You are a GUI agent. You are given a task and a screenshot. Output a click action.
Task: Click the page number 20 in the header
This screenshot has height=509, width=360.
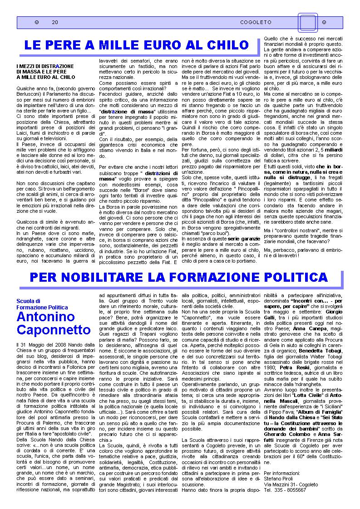pos(55,22)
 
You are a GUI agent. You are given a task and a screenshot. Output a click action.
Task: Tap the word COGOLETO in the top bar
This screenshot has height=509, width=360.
pos(256,22)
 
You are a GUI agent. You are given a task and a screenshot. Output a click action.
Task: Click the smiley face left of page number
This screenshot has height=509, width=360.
pos(37,22)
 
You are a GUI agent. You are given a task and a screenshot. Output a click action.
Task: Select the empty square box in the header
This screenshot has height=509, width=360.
pos(307,22)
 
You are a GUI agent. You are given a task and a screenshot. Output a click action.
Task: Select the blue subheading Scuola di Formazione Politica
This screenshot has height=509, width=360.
pos(42,304)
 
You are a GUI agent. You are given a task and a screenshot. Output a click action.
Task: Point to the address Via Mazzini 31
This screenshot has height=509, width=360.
pos(279,485)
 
